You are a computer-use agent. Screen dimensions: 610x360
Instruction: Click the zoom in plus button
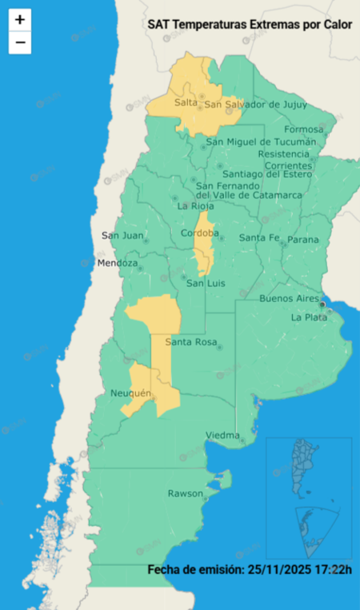click(20, 19)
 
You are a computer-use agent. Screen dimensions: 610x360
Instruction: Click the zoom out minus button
click(20, 42)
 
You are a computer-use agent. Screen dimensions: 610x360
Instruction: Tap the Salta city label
click(186, 103)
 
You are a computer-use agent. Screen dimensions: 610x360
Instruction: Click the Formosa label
click(303, 130)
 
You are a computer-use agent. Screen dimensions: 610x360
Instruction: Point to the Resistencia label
click(283, 153)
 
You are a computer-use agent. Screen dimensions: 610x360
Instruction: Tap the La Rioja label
click(193, 205)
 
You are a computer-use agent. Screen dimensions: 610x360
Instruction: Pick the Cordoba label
click(200, 233)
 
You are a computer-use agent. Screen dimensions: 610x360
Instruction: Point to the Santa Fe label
click(259, 238)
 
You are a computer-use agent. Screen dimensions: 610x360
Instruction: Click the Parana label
click(303, 240)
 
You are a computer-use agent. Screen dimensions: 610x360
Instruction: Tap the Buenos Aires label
click(290, 298)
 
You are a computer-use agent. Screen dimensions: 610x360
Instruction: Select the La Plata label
click(309, 317)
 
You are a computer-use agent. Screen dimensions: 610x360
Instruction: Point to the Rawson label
click(185, 493)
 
